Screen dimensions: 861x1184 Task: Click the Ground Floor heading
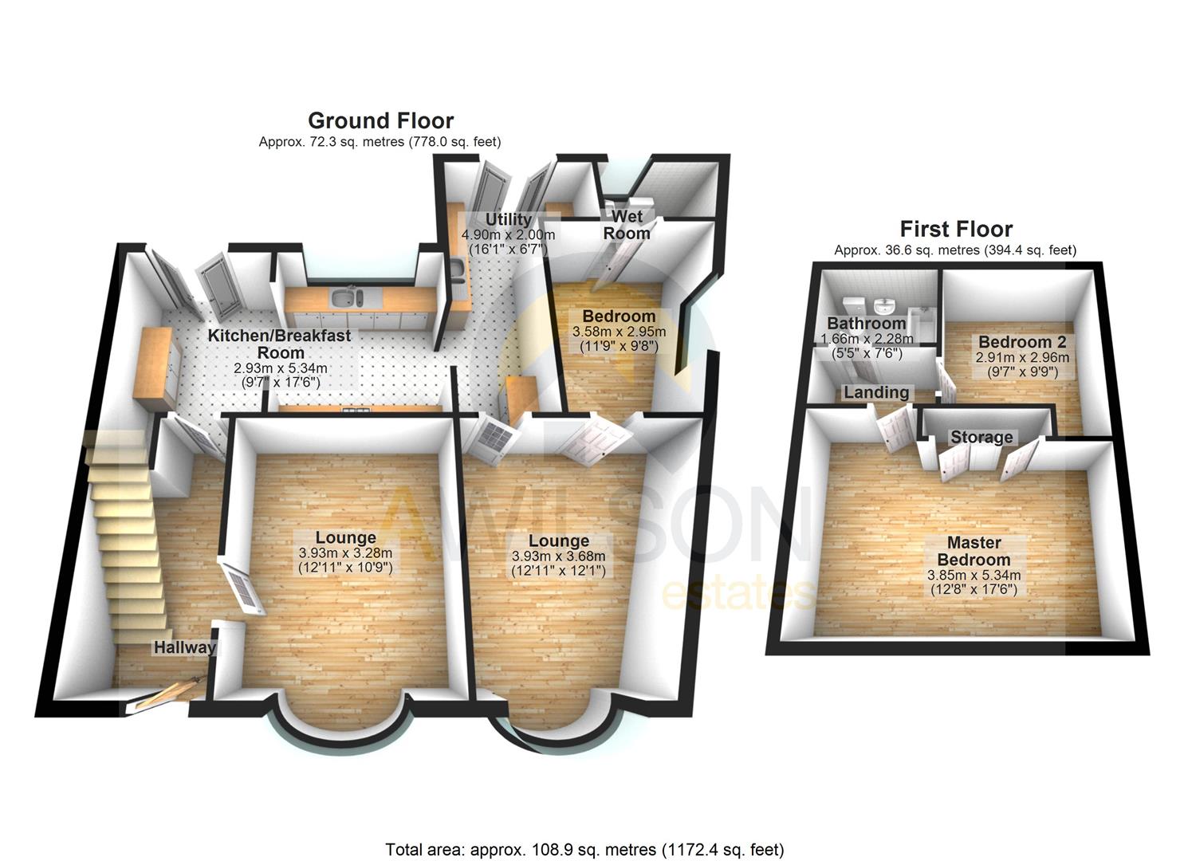point(380,121)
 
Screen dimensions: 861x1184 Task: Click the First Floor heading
point(956,230)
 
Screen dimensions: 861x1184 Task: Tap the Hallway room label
point(185,647)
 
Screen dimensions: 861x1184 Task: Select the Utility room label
point(508,219)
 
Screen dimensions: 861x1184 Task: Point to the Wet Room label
point(627,225)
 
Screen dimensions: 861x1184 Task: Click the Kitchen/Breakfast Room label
point(279,344)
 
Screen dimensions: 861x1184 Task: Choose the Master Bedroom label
point(974,551)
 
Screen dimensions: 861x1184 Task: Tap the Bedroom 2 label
point(1022,342)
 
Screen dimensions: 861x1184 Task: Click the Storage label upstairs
point(981,437)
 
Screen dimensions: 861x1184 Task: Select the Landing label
point(876,392)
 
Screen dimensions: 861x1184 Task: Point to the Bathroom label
point(866,324)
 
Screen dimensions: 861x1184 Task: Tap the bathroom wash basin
point(884,305)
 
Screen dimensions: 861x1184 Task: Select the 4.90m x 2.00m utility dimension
point(508,235)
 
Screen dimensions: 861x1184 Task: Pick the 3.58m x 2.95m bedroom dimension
point(619,332)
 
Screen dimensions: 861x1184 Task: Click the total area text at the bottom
point(584,849)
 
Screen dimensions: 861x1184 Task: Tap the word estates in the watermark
point(738,595)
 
